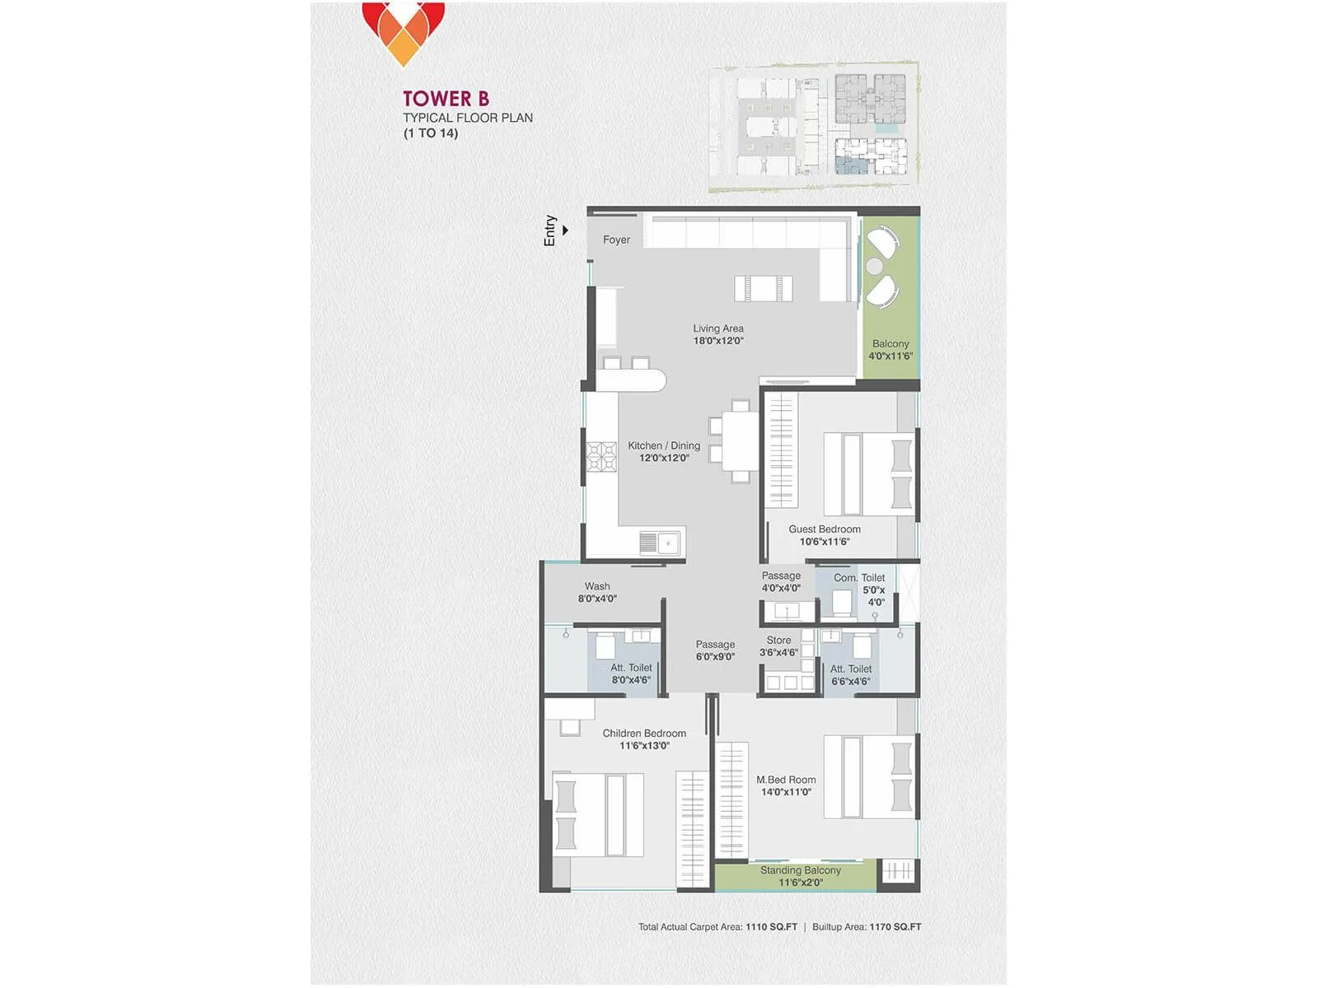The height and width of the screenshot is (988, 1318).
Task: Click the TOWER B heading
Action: point(446,99)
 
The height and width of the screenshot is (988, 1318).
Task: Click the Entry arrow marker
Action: point(565,231)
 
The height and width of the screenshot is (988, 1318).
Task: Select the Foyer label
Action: point(616,240)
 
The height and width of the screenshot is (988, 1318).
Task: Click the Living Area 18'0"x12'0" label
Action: point(718,334)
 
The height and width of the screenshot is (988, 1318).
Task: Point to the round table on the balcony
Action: point(874,267)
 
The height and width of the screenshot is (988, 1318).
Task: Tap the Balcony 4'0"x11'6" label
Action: point(890,350)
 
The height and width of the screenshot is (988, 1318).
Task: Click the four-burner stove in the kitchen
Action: point(601,457)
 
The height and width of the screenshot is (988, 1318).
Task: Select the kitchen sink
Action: point(660,543)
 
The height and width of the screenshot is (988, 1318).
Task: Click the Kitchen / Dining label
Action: point(664,451)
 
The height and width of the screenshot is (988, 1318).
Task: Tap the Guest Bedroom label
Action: point(825,535)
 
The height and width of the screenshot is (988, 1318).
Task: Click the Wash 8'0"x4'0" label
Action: point(597,593)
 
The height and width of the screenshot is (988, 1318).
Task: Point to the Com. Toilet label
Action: point(859,578)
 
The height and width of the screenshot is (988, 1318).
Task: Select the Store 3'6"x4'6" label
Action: point(778,646)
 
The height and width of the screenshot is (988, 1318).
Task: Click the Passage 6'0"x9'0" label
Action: point(715,650)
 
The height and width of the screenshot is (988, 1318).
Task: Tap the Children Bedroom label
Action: point(644,739)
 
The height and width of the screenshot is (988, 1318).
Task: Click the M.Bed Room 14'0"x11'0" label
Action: point(786,785)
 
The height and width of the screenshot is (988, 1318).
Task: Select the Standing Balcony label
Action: point(801,876)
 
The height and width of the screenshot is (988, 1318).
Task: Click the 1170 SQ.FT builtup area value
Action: point(895,927)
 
